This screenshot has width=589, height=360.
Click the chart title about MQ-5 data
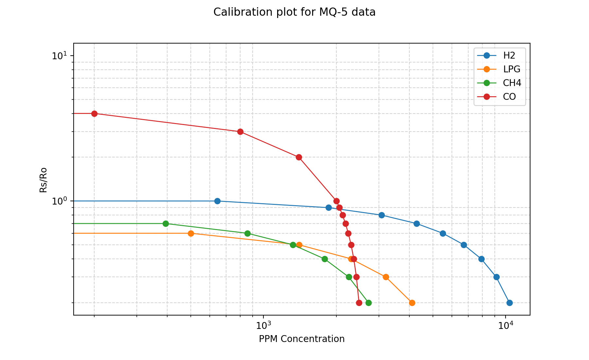coord(294,12)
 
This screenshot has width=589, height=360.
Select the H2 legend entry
coord(509,56)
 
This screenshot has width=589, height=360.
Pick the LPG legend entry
coord(511,69)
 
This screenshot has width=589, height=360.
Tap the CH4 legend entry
coord(512,83)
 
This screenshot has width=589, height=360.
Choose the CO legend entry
coord(509,97)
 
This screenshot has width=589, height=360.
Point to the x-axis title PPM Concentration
coord(302,339)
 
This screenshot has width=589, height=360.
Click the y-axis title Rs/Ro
coord(43,180)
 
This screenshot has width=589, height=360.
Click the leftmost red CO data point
coord(94,114)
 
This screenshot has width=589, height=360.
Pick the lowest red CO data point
coord(359,303)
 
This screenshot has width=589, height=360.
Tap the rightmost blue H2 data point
coord(509,303)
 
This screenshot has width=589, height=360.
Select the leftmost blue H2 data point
coord(217,201)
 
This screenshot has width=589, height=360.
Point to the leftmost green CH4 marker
coord(166,224)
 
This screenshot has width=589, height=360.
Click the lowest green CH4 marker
coord(368,303)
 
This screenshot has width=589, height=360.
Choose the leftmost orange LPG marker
coord(191,233)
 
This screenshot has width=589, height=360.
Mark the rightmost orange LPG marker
coord(412,303)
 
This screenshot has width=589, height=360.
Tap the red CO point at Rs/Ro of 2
coord(299,157)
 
